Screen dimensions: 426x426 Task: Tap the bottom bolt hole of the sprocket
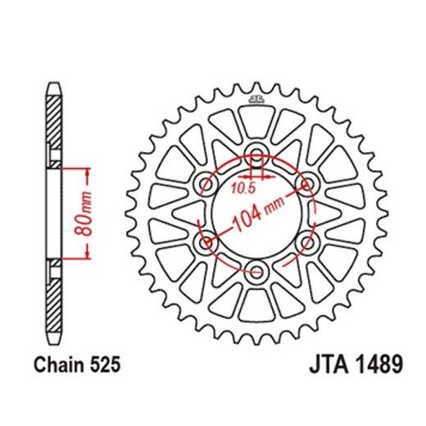tap(257, 272)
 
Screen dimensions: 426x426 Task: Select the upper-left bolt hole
tap(206, 184)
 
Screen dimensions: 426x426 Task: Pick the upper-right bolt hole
tap(308, 184)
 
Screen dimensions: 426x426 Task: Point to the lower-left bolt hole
tap(206, 242)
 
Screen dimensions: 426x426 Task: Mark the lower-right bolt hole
tap(308, 242)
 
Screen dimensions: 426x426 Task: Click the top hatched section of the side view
tap(52, 127)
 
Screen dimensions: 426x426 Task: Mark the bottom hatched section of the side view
tap(52, 301)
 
